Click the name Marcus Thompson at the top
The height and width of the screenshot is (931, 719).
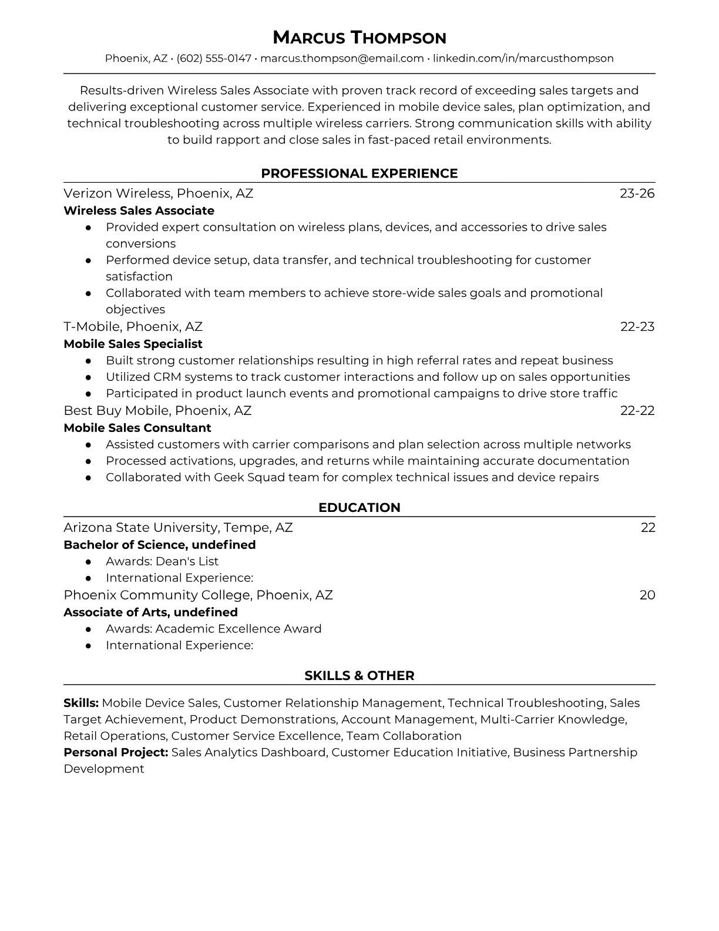(359, 38)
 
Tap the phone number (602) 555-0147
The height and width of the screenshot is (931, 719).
(214, 58)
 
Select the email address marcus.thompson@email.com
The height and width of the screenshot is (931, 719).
(342, 58)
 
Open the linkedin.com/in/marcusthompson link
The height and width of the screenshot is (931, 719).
(523, 58)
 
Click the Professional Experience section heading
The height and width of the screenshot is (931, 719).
(359, 173)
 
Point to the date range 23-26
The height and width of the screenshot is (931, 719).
(637, 193)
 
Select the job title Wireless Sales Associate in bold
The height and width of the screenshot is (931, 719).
(139, 210)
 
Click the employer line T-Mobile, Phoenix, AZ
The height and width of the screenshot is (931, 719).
(133, 327)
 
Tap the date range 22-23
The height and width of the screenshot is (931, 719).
(637, 327)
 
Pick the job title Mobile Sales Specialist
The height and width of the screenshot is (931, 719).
(133, 344)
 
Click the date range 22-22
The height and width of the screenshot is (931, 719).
(637, 410)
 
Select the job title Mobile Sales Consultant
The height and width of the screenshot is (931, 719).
(137, 428)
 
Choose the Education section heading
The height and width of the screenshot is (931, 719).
(359, 508)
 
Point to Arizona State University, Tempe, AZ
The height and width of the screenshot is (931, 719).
(178, 528)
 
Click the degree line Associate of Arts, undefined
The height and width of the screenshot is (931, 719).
(150, 612)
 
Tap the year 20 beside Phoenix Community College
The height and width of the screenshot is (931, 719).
(647, 595)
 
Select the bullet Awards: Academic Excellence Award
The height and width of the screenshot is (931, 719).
(213, 629)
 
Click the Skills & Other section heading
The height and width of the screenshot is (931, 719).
(359, 676)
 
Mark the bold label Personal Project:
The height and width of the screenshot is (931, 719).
(116, 752)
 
